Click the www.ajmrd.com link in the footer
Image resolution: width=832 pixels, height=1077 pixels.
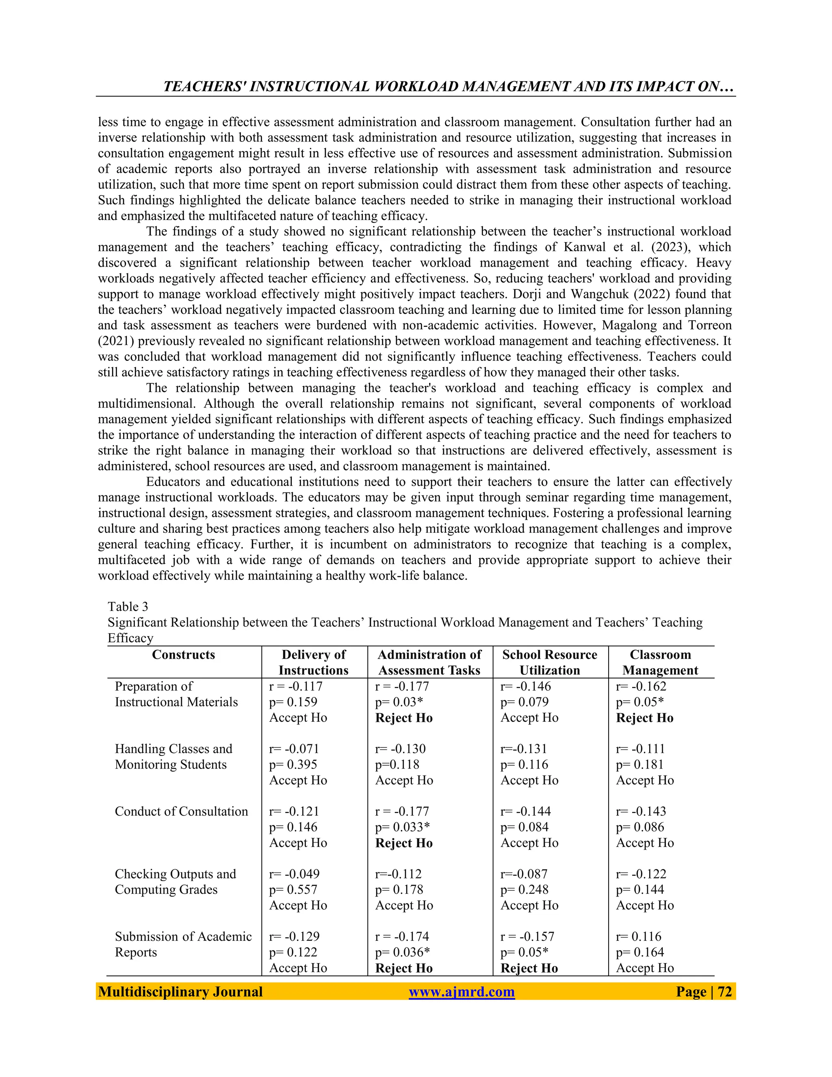tap(461, 992)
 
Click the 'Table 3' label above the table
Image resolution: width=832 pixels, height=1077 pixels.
tap(128, 606)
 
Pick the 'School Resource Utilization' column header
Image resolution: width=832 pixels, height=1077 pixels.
tap(550, 662)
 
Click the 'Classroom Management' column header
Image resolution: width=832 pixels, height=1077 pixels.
tap(660, 662)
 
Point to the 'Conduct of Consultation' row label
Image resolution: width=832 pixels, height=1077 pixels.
tap(181, 811)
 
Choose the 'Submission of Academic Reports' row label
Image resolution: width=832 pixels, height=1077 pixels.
tap(183, 945)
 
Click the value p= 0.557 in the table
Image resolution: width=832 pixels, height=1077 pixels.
tap(293, 890)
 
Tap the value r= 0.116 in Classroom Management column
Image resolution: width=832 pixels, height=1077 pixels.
tap(638, 936)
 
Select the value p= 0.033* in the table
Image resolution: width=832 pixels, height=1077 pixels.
tap(402, 827)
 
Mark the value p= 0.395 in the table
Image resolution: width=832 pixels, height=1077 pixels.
tap(293, 764)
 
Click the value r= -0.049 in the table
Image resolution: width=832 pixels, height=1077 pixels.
tap(294, 874)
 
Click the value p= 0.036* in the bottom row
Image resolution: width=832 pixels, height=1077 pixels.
tap(402, 952)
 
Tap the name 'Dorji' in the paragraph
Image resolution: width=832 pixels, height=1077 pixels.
tap(515, 294)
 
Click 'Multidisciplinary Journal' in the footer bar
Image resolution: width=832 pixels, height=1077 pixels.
tap(180, 992)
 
